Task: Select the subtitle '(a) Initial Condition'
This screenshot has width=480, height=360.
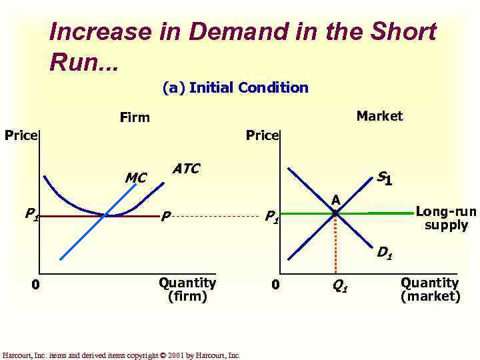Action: [235, 87]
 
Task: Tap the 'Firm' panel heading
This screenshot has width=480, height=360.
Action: [135, 117]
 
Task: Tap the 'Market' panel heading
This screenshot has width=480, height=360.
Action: [379, 116]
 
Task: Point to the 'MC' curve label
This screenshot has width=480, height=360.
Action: [135, 178]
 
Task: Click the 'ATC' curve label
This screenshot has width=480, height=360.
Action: [185, 169]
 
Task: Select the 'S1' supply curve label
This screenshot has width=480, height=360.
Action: [383, 178]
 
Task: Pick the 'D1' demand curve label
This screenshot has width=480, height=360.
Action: [384, 253]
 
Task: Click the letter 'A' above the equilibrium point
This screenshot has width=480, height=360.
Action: [336, 200]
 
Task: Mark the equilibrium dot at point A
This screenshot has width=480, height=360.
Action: [336, 213]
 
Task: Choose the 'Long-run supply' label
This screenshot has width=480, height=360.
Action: [446, 218]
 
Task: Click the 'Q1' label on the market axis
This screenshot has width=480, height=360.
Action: [339, 287]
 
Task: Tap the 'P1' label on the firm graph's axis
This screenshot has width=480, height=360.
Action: [31, 214]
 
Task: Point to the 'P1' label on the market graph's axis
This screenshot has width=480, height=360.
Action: [271, 216]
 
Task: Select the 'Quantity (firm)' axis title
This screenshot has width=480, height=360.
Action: [187, 289]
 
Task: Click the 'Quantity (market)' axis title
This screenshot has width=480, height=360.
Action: [430, 289]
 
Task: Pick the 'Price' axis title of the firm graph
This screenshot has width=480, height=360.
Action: [21, 135]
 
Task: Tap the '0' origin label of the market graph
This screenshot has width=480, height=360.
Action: [275, 285]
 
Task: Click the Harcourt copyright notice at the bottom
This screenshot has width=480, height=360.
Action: [121, 355]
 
